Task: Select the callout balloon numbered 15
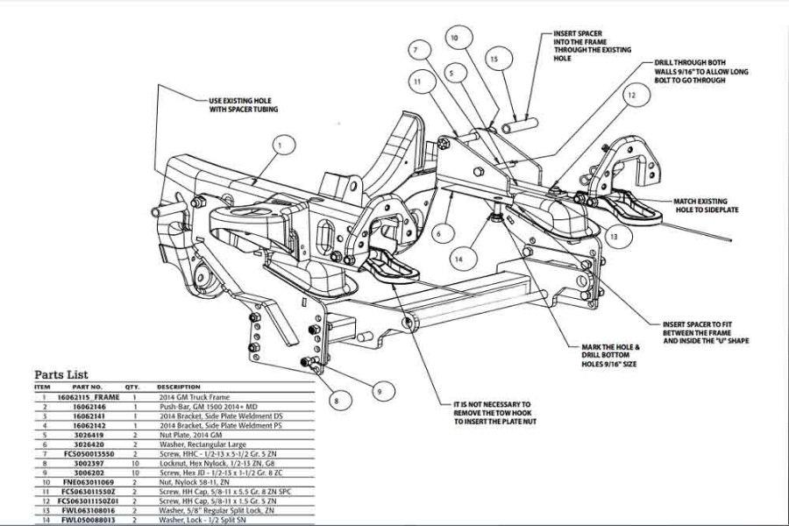pyautogui.click(x=494, y=60)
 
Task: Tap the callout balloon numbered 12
pyautogui.click(x=630, y=94)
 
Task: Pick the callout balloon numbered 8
pyautogui.click(x=335, y=401)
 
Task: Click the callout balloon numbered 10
pyautogui.click(x=454, y=39)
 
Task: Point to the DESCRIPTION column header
pyautogui.click(x=180, y=387)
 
